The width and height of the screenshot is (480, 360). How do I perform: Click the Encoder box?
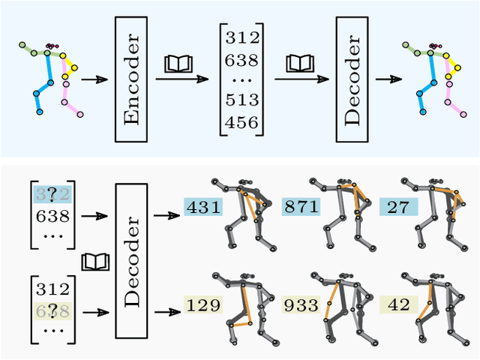pos(131,78)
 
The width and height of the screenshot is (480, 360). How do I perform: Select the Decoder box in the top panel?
pos(352,78)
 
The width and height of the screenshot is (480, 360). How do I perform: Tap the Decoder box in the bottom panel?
pos(132,262)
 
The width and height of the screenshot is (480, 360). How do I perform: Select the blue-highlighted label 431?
pos(203,207)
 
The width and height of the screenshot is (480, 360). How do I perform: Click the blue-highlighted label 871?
pos(301,207)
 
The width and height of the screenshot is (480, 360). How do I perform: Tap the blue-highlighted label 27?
pos(398,207)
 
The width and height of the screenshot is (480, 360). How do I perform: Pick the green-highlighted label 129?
pos(203,304)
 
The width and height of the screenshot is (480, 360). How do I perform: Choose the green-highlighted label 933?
pos(301,304)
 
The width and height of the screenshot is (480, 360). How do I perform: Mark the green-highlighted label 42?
pos(398,304)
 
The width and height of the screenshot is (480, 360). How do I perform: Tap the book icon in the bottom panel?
pos(95,262)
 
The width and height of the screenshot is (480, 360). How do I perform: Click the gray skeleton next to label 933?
pos(341,307)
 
